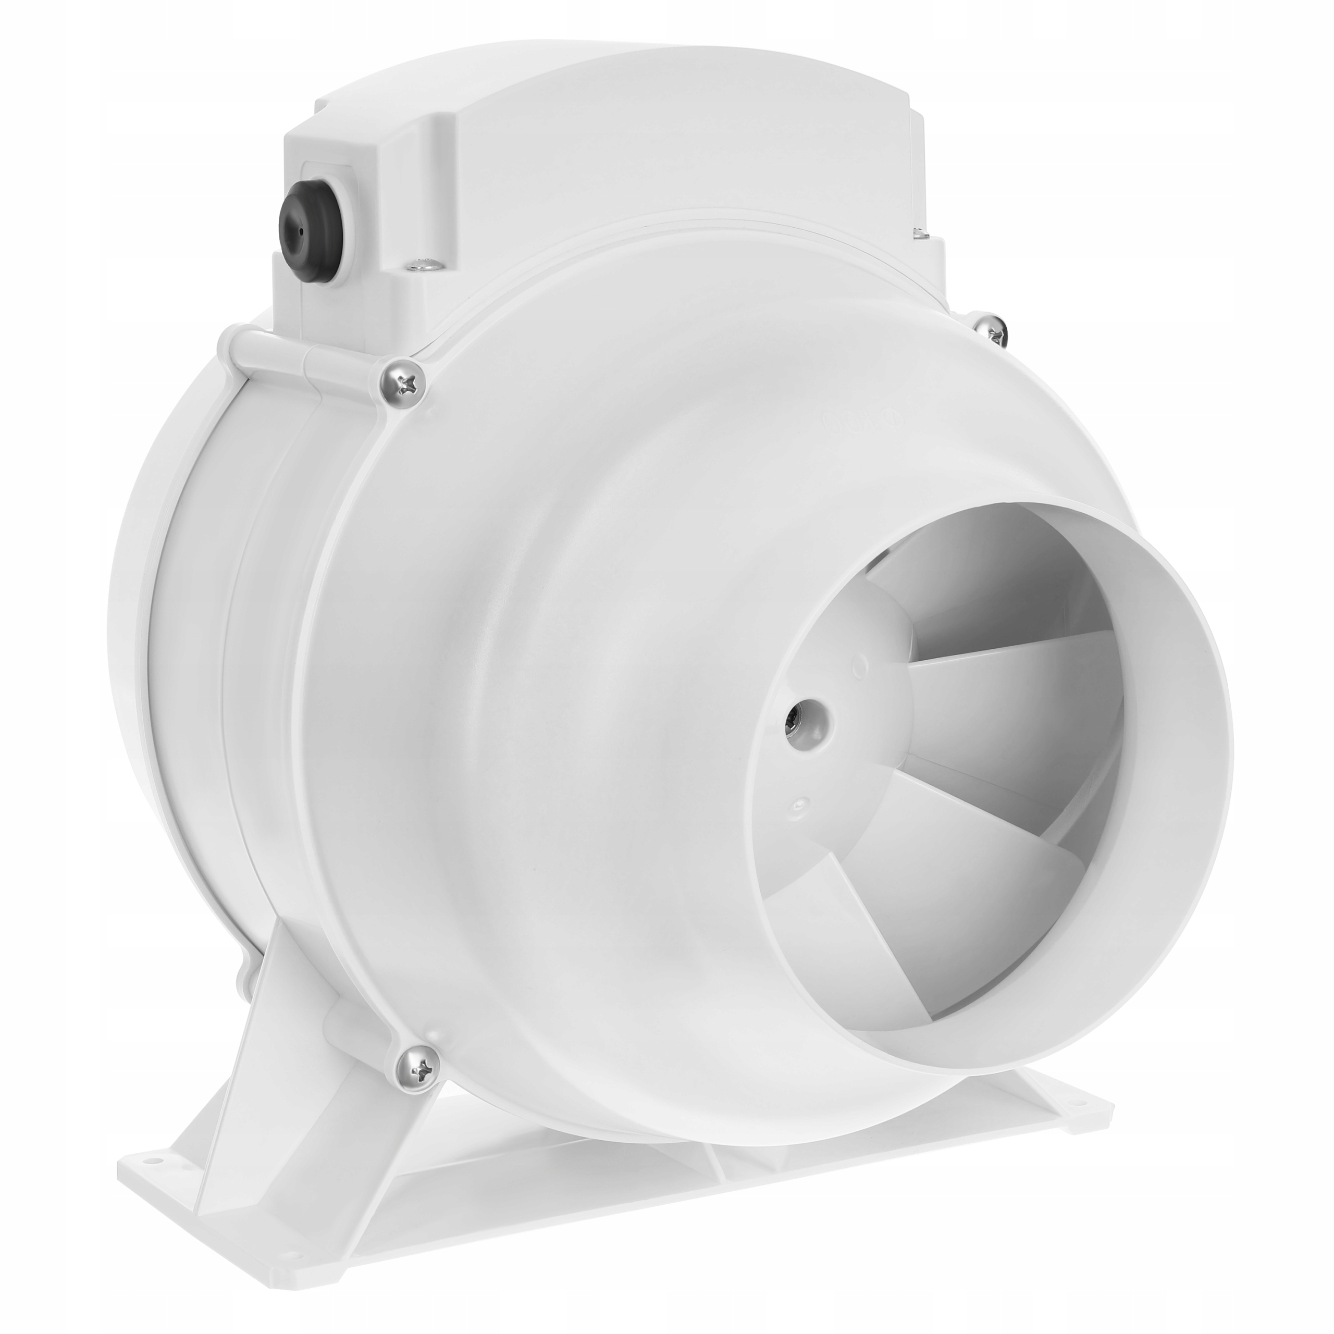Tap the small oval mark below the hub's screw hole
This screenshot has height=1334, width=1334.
801,803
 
